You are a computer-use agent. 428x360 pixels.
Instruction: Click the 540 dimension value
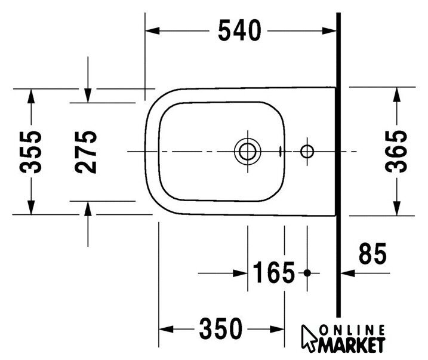tap(239, 30)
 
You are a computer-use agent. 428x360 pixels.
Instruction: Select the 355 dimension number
tap(30, 152)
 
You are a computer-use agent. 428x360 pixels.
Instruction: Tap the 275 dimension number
tap(85, 152)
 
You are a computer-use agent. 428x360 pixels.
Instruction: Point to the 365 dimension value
tap(396, 151)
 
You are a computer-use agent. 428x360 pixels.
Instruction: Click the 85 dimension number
tap(372, 254)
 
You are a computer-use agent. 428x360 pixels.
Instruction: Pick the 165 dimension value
tap(274, 272)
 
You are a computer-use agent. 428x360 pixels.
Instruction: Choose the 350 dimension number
tap(220, 328)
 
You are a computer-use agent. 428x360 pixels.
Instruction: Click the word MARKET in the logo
tap(352, 345)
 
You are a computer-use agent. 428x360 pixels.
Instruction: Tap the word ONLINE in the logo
tap(352, 330)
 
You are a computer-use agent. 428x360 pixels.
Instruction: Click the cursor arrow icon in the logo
tap(309, 337)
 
